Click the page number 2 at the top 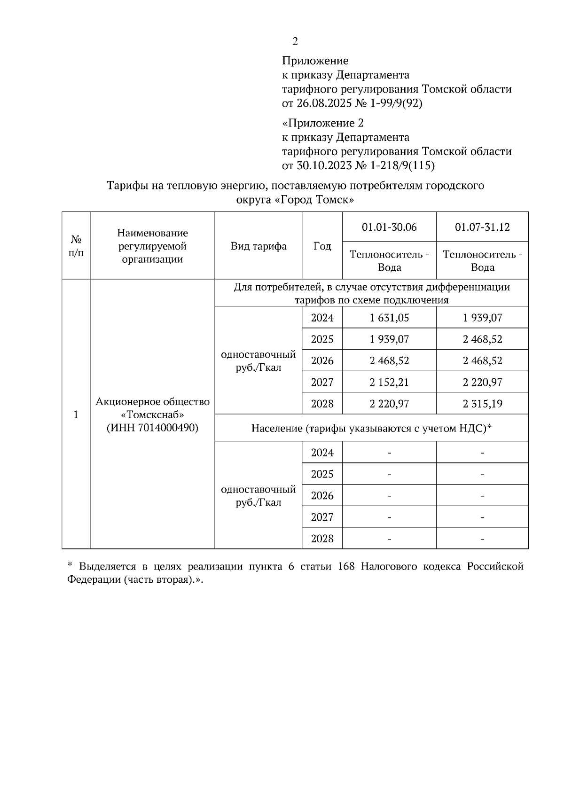[x=295, y=41]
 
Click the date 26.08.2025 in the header [x=318, y=103]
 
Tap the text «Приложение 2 [x=323, y=123]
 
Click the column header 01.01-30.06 [x=389, y=227]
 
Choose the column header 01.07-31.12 [x=482, y=227]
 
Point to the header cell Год [x=322, y=246]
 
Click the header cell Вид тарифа [x=258, y=246]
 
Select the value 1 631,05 [x=389, y=318]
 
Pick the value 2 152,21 [x=389, y=382]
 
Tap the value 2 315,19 [x=482, y=404]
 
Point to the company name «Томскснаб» [x=152, y=415]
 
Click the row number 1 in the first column [x=76, y=415]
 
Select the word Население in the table [x=276, y=428]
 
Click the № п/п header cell [x=76, y=246]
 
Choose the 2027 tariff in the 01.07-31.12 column [x=482, y=382]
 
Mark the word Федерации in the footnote [x=94, y=579]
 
